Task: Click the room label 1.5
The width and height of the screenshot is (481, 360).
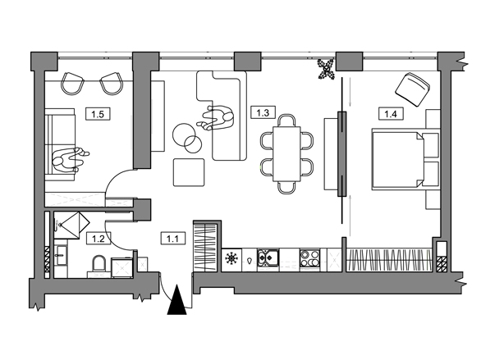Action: coord(98,114)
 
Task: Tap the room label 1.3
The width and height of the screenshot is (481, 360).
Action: coord(263,112)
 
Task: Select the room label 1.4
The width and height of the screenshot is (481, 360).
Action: coord(391,114)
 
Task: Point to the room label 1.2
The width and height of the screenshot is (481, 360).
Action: coord(98,239)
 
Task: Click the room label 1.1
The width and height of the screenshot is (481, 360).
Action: coord(172,238)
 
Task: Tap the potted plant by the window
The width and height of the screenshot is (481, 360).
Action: coord(326,69)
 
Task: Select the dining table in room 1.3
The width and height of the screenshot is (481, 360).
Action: coord(286,154)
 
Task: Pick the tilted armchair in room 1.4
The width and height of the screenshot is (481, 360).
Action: coord(413,89)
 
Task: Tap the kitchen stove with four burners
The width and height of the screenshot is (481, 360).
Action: coord(309,259)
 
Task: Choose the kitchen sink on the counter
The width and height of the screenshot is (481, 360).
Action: coord(268,259)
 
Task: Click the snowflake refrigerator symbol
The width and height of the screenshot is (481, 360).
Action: coord(231,258)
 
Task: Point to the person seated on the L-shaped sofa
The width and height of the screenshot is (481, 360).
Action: coord(216,118)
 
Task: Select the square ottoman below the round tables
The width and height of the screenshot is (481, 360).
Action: coord(189,172)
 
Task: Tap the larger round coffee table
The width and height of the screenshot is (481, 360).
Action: coord(184,134)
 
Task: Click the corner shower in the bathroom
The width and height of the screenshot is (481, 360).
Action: coord(71,225)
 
